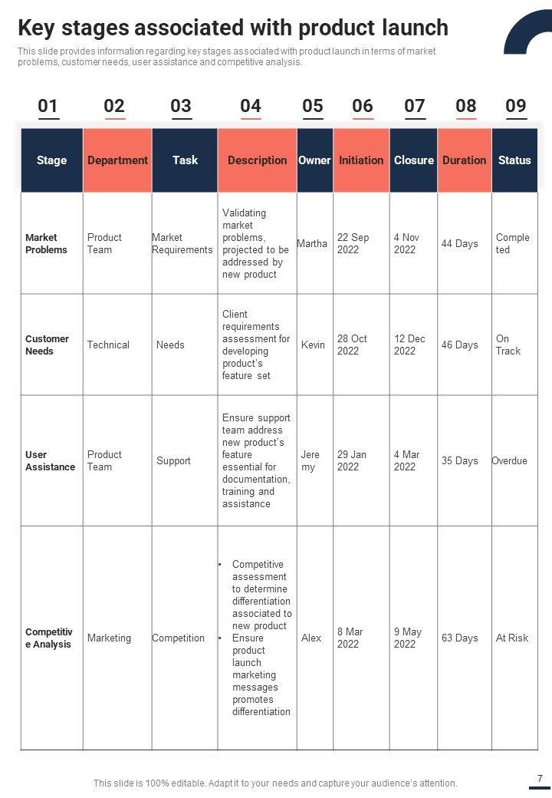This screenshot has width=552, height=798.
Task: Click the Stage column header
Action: pyautogui.click(x=51, y=160)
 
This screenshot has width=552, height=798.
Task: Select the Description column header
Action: pyautogui.click(x=257, y=160)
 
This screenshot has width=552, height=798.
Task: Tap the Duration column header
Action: pyautogui.click(x=464, y=160)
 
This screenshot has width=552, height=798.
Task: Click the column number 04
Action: pyautogui.click(x=251, y=106)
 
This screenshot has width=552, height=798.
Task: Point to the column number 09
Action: pyautogui.click(x=516, y=106)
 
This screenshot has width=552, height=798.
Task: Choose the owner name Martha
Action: pyautogui.click(x=312, y=243)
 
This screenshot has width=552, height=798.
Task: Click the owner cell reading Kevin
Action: pyautogui.click(x=313, y=345)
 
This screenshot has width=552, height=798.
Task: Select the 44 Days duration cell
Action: pyautogui.click(x=459, y=243)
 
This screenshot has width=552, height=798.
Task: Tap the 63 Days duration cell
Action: pyautogui.click(x=459, y=638)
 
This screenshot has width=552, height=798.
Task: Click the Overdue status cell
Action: pyautogui.click(x=509, y=460)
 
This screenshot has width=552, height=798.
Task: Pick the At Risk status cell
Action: pyautogui.click(x=511, y=638)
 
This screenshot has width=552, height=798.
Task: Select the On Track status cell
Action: pyautogui.click(x=508, y=345)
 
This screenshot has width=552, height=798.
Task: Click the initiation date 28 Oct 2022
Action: pyautogui.click(x=352, y=345)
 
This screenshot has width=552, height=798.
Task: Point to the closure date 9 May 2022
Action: pyautogui.click(x=408, y=638)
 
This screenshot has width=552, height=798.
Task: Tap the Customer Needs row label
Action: pyautogui.click(x=47, y=345)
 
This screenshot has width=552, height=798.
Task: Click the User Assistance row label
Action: pyautogui.click(x=50, y=460)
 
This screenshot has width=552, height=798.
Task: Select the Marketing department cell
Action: pyautogui.click(x=109, y=638)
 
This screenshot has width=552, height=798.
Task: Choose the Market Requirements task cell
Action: pyautogui.click(x=182, y=243)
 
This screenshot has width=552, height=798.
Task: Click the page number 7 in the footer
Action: pyautogui.click(x=540, y=778)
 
